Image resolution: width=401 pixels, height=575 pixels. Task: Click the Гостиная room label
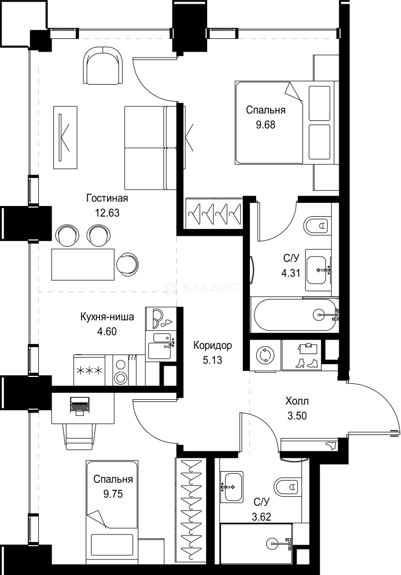(107, 199)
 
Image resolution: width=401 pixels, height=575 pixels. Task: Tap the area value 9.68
(266, 125)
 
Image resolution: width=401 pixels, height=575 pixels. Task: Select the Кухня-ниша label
(107, 317)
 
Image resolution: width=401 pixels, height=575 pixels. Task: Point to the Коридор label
(213, 346)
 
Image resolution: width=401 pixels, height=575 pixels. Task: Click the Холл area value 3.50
(297, 416)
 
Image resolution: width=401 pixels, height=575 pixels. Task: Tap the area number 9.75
(113, 494)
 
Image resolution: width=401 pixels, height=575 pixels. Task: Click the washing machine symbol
(265, 355)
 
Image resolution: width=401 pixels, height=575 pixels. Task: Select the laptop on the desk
(79, 406)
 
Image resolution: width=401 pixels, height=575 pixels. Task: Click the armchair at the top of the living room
(103, 65)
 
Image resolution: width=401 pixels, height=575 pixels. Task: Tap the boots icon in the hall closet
(307, 363)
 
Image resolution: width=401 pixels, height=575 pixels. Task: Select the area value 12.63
(108, 212)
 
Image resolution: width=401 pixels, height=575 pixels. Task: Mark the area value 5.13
(212, 360)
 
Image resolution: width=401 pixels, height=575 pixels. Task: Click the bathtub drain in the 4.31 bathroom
(318, 314)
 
